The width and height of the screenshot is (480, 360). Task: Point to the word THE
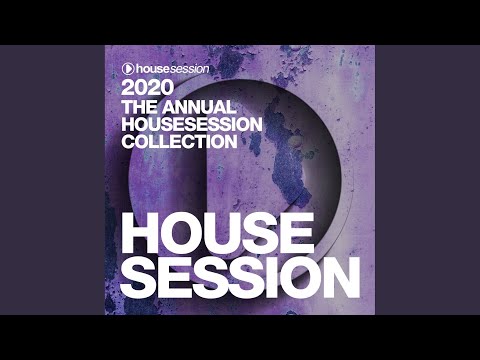coord(136,106)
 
